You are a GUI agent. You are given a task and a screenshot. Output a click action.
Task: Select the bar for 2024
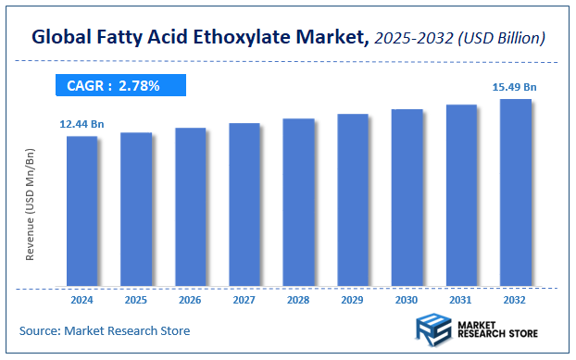point(81,211)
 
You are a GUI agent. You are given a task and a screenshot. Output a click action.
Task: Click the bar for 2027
point(244,205)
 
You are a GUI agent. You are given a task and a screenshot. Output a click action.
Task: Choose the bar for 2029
point(353,200)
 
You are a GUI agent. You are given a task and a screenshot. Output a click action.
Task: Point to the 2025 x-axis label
point(136,300)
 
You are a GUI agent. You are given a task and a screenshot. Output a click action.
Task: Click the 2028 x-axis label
point(298,300)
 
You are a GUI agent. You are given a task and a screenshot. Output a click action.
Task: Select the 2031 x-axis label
point(461,300)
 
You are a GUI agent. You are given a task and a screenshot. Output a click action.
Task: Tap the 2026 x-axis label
point(190,300)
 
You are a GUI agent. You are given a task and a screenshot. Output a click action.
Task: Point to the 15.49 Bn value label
point(514,87)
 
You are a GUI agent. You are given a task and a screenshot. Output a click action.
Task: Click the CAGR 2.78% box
point(118,86)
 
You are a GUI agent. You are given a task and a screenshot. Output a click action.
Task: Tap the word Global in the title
point(62,39)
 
